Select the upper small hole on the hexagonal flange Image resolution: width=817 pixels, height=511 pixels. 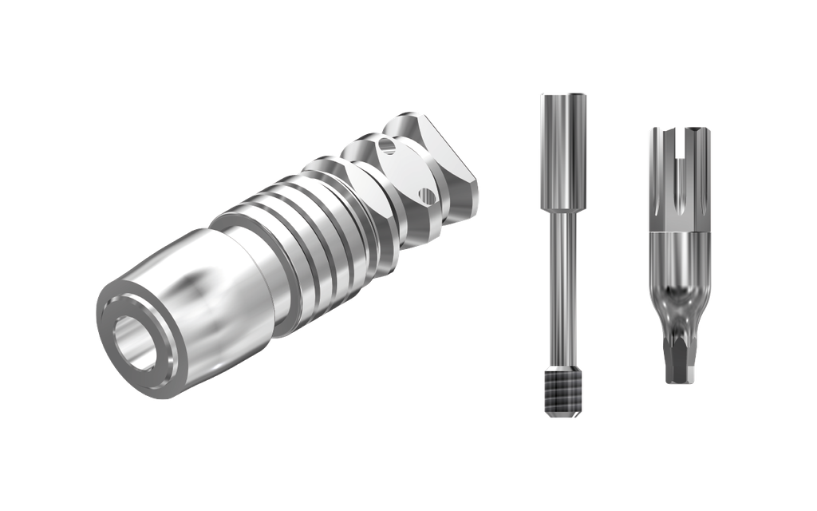point(388,146)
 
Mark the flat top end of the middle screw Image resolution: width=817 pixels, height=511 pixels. point(562,94)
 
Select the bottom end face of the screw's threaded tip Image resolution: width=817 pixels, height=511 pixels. point(562,415)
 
